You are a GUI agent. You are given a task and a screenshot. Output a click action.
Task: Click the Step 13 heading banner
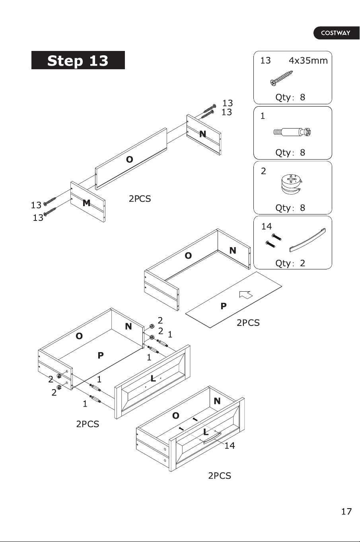tap(78, 60)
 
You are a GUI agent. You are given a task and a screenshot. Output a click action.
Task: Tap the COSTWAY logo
tap(336, 33)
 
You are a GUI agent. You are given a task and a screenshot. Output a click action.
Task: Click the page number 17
tap(346, 511)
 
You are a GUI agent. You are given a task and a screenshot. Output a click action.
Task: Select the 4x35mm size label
tap(308, 60)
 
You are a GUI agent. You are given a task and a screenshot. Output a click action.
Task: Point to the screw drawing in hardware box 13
tap(281, 78)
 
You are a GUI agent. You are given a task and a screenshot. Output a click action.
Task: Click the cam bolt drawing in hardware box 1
tap(292, 132)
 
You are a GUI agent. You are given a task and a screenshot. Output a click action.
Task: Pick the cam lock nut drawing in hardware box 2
tap(292, 184)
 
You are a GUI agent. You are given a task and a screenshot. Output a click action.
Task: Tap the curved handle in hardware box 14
tap(307, 240)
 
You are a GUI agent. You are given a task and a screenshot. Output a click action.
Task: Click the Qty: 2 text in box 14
tap(290, 263)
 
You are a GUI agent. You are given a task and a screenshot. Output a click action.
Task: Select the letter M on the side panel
tap(86, 203)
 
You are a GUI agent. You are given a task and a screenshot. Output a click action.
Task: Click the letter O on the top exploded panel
tap(130, 159)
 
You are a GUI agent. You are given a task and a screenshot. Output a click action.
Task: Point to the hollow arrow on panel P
tap(246, 294)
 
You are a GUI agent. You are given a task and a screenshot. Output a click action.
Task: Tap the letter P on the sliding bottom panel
tap(224, 306)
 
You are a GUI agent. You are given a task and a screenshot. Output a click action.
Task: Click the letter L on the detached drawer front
tap(153, 378)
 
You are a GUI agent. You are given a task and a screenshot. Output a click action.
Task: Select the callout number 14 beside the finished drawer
tap(230, 445)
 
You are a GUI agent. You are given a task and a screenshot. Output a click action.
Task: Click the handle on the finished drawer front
tap(212, 438)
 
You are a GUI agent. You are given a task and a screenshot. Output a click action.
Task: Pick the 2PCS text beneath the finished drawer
tap(220, 476)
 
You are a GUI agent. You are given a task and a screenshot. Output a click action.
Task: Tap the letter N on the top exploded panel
tap(203, 134)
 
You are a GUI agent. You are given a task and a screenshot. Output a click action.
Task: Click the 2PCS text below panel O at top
tap(140, 199)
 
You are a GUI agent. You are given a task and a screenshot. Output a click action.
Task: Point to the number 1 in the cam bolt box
tap(263, 116)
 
